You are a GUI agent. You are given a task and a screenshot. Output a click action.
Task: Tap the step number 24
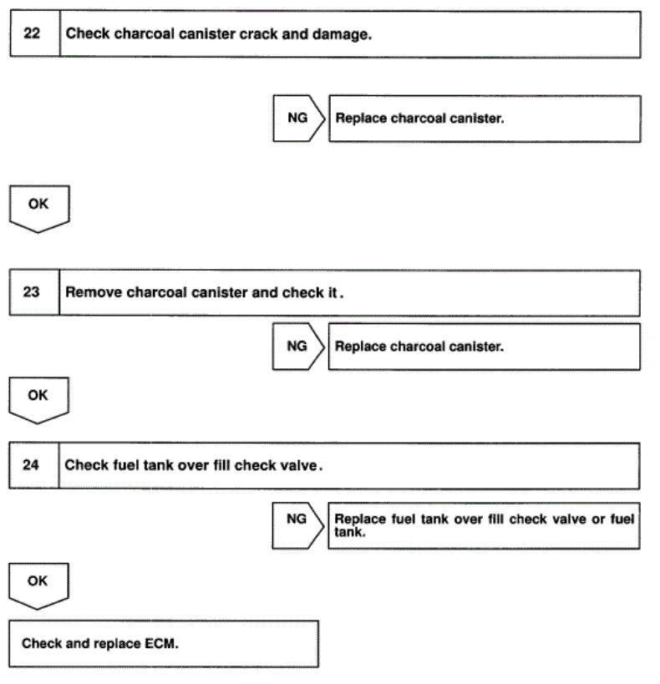point(31,465)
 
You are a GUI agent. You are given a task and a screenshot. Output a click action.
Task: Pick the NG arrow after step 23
point(297,346)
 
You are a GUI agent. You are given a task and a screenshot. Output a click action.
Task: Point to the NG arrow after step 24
point(297,519)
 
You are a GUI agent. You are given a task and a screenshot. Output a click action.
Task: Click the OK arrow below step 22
point(38,208)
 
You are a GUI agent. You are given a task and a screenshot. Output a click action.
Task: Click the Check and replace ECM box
point(164,643)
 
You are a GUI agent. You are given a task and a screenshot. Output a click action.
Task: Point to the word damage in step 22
point(340,34)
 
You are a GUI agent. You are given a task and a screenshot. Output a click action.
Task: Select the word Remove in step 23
point(94,293)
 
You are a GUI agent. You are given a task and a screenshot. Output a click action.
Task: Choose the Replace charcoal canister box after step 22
point(485,118)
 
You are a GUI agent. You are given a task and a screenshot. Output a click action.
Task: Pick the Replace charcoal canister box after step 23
point(485,346)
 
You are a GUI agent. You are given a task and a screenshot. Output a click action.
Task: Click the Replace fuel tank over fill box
point(484,524)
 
